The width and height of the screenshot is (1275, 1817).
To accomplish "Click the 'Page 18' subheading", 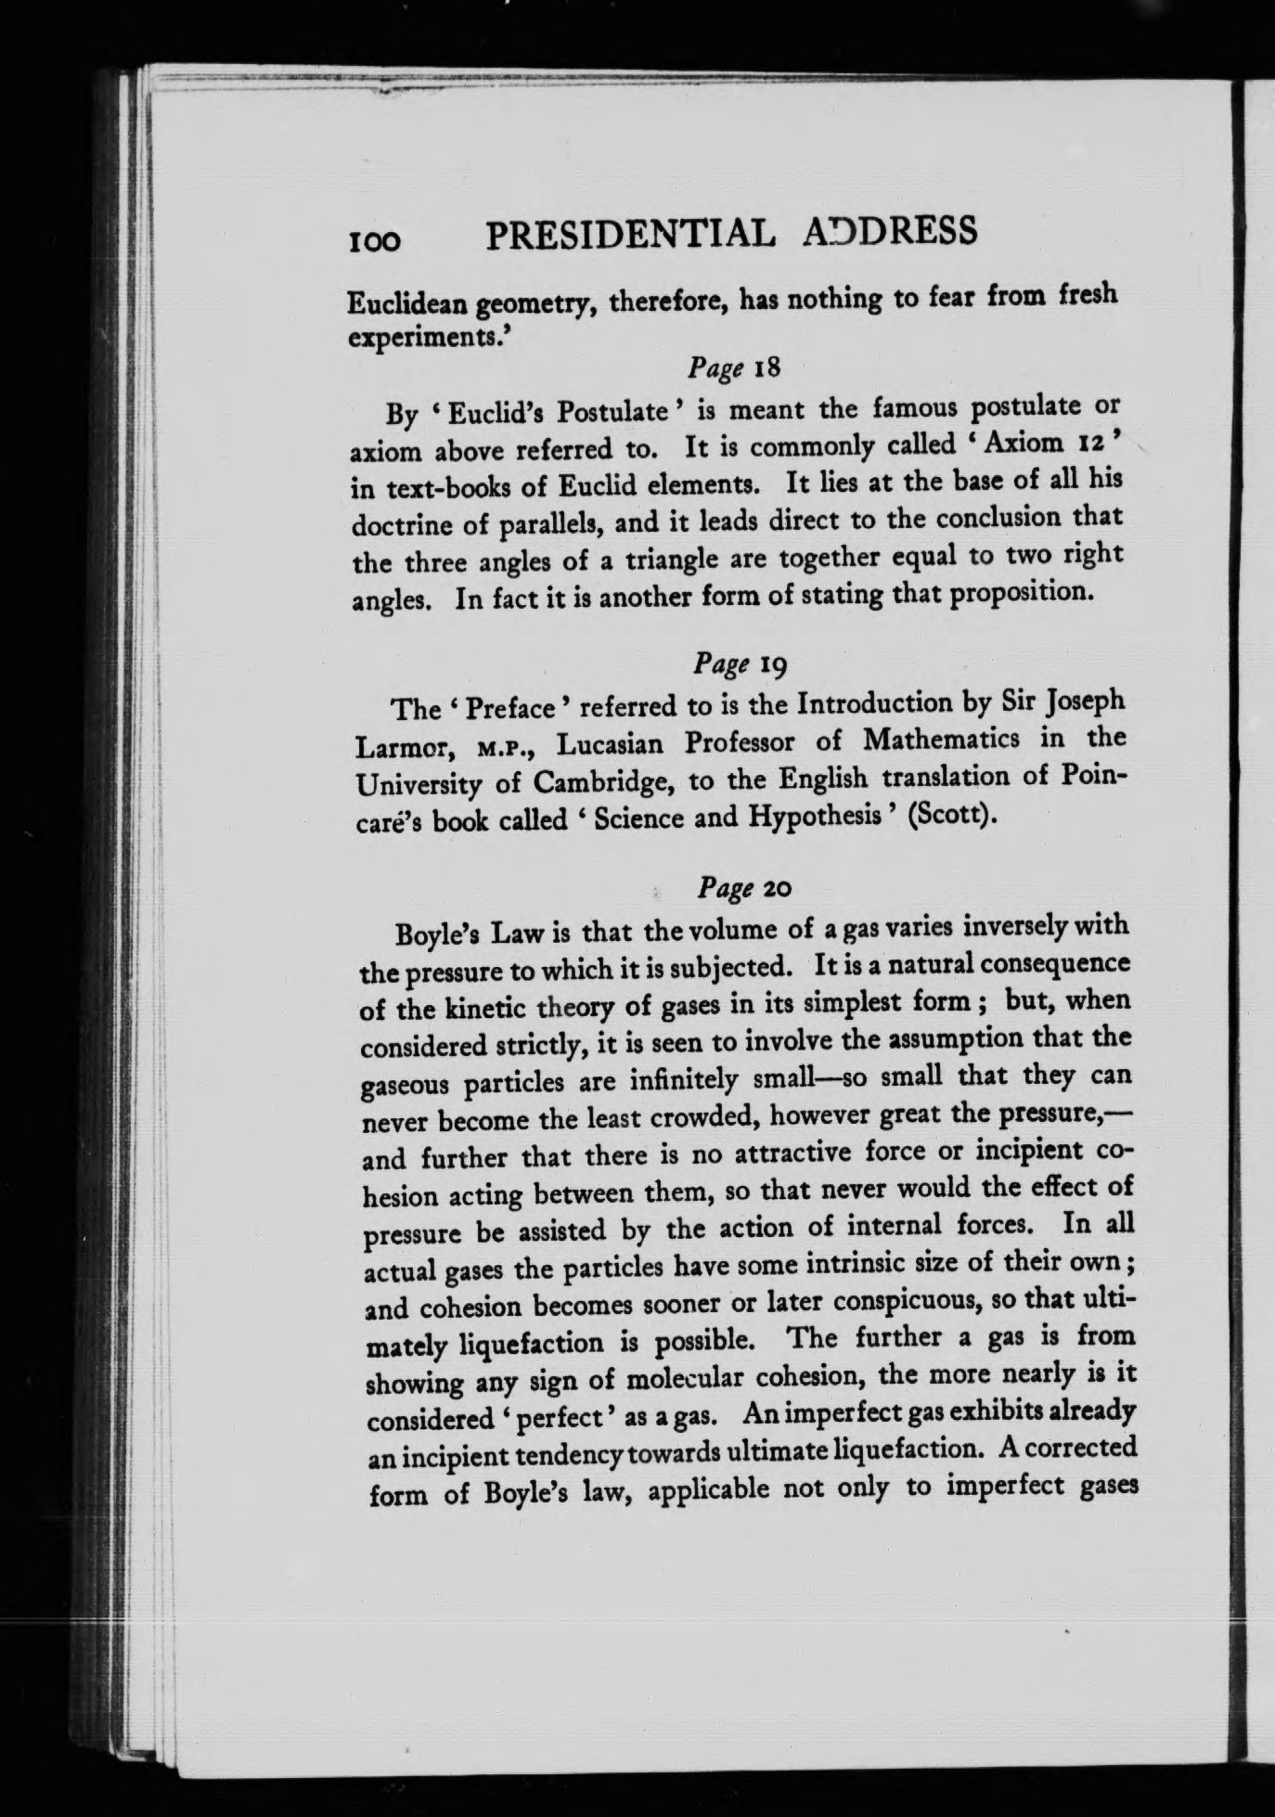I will tap(738, 367).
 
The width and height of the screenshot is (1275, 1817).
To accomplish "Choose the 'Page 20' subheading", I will tap(743, 888).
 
